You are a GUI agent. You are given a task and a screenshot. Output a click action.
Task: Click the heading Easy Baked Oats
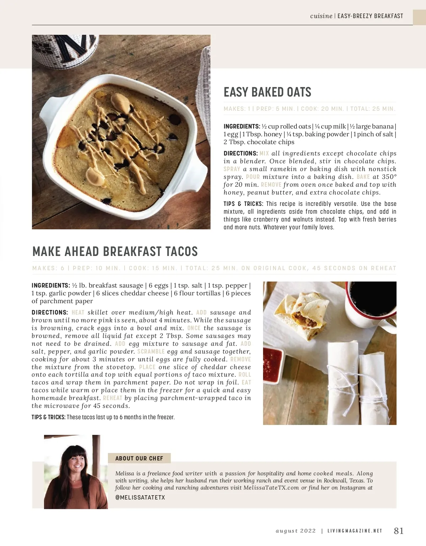(267, 92)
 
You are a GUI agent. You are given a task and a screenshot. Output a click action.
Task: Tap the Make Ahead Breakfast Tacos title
(115, 251)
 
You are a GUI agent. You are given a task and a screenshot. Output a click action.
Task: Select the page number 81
(399, 531)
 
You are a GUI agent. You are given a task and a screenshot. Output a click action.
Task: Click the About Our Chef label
(139, 458)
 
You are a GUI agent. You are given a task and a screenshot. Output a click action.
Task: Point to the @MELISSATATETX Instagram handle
(140, 498)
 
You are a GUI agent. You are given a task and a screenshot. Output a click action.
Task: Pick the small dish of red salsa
(273, 359)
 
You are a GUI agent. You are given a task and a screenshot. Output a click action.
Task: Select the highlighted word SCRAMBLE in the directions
(151, 351)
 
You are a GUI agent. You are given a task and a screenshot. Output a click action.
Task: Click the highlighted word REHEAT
(113, 398)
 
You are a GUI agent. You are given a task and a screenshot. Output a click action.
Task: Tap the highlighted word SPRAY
(232, 169)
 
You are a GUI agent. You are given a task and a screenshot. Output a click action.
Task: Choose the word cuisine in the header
(321, 16)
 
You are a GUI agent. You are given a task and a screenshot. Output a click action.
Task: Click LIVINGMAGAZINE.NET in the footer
(355, 531)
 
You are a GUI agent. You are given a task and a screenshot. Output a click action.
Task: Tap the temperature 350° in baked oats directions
(389, 177)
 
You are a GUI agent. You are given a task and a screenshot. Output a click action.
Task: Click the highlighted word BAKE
(363, 177)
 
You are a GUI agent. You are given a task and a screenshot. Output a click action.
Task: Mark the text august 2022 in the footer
(296, 531)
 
